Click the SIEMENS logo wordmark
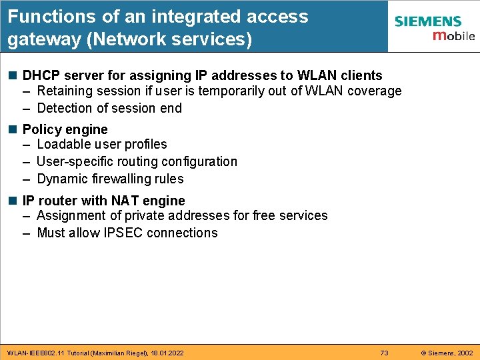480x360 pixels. point(427,21)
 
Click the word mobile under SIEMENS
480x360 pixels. point(453,36)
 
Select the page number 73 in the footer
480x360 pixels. point(384,353)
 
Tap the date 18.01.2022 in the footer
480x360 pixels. point(167,353)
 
